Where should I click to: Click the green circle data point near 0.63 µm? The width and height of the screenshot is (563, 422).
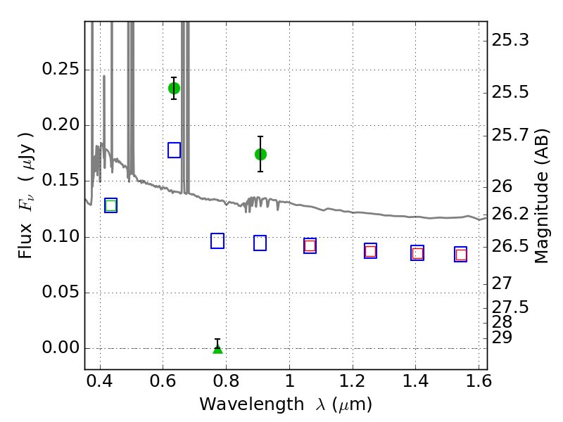click(174, 89)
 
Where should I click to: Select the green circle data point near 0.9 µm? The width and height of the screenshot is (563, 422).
click(260, 154)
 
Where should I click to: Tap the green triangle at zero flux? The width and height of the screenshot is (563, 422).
click(217, 348)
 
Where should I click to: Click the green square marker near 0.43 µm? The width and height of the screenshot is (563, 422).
click(111, 205)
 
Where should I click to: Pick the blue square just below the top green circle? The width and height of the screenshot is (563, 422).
click(174, 150)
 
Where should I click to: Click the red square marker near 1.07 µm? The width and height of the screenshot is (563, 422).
click(310, 245)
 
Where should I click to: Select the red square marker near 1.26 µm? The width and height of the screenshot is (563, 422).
click(371, 251)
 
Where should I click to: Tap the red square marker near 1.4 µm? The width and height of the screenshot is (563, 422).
click(417, 253)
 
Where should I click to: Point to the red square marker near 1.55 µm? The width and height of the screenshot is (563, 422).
click(461, 255)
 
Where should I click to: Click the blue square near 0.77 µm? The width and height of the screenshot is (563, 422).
click(217, 241)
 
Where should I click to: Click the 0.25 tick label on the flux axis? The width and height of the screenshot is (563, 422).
click(61, 68)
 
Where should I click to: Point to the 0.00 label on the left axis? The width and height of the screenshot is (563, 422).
click(61, 347)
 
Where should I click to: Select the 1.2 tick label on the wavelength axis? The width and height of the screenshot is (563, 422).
click(353, 381)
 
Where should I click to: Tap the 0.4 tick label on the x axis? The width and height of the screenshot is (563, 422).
click(100, 381)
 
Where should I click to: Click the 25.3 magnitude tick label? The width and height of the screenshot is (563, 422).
click(510, 40)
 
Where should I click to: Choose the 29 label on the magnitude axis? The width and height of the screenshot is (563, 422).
click(502, 338)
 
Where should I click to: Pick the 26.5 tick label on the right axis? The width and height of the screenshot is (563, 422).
click(510, 247)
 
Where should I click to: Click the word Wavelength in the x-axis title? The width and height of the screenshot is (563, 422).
click(252, 404)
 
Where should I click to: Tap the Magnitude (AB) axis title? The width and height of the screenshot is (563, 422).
click(542, 196)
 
